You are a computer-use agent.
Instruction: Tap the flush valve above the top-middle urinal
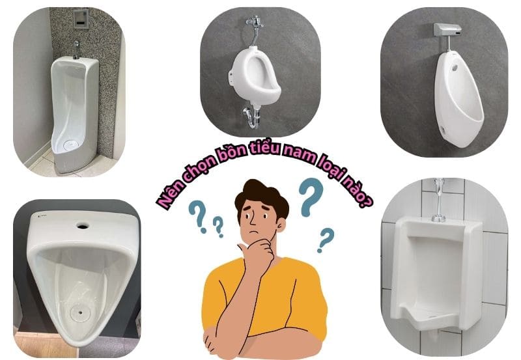[253, 29]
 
